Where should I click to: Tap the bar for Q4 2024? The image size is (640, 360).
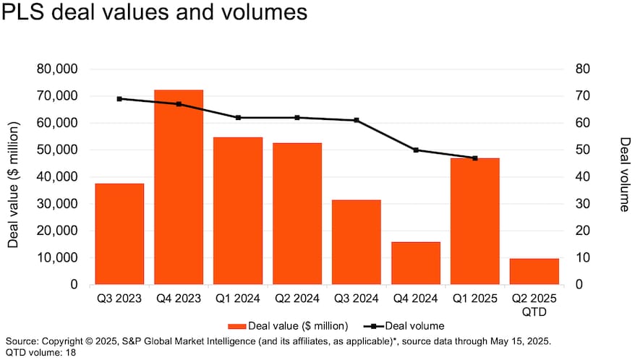(416, 263)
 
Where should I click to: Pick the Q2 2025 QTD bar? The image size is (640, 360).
(534, 271)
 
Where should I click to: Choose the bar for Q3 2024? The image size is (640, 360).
(357, 241)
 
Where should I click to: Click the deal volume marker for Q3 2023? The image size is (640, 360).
(119, 99)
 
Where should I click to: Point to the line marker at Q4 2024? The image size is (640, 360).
(416, 150)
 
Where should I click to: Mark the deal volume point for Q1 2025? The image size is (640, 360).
(475, 158)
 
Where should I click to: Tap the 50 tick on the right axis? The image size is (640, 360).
(573, 150)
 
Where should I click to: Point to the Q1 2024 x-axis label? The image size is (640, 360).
(238, 298)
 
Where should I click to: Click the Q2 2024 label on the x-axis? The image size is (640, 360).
(297, 298)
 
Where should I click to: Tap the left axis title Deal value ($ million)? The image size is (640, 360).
(13, 184)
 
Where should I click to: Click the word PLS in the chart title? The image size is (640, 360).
(28, 13)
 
